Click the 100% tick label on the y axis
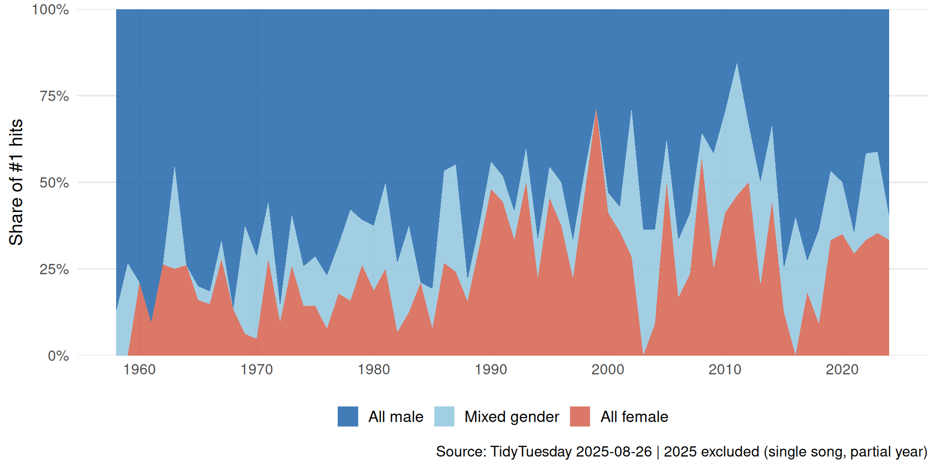[x=50, y=10]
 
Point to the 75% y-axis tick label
[x=54, y=96]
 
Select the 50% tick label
[x=54, y=183]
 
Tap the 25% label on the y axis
[x=54, y=269]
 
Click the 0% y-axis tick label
[x=58, y=356]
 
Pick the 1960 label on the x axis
[x=140, y=369]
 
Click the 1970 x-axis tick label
[x=257, y=369]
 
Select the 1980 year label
[x=374, y=369]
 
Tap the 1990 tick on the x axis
[x=491, y=369]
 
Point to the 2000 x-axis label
[x=608, y=369]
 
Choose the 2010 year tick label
[x=725, y=369]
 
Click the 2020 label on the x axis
[x=842, y=369]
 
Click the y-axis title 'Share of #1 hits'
[x=16, y=182]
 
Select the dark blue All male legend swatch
[x=348, y=417]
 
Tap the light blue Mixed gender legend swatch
[x=444, y=417]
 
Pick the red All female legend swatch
[x=580, y=417]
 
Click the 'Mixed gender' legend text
[x=511, y=417]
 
